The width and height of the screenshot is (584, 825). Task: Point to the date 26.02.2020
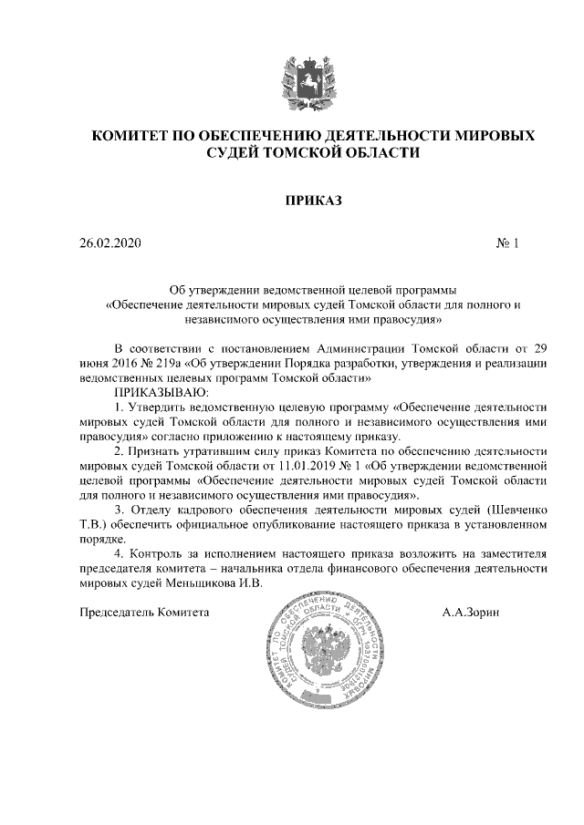110,243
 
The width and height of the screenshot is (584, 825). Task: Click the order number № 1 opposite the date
506,243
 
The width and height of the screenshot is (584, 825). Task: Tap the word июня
96,363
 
